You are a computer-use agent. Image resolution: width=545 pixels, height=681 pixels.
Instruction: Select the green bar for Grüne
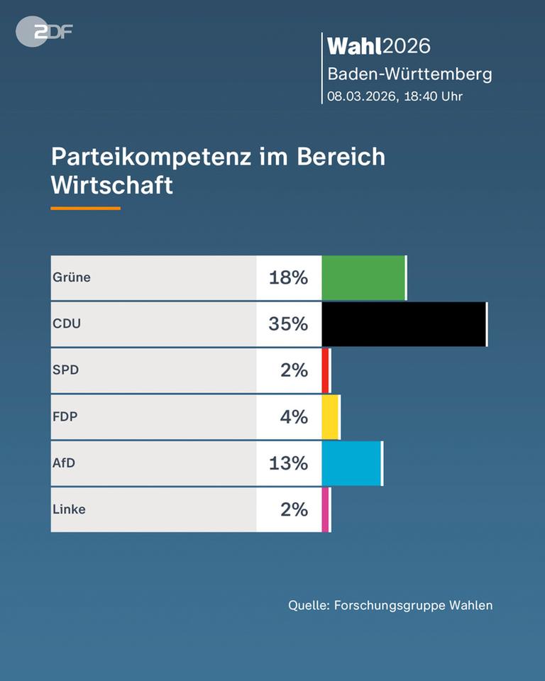tap(363, 277)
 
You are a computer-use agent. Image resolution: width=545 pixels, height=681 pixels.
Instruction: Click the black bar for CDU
tap(404, 324)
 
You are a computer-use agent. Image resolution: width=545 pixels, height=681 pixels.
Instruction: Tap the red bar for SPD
tap(326, 370)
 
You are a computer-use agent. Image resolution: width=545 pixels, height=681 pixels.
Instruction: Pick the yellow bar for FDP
tap(331, 416)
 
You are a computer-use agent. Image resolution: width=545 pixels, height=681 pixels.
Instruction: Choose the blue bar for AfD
tap(352, 463)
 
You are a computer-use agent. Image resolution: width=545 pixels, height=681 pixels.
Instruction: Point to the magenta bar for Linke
tap(326, 509)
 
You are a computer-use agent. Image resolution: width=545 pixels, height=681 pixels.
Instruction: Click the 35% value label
tap(288, 324)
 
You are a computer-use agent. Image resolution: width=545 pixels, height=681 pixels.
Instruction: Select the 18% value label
tap(288, 277)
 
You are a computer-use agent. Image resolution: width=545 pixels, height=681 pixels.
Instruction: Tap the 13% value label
tap(288, 463)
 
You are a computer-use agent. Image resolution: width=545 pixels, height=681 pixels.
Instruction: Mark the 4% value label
tap(294, 416)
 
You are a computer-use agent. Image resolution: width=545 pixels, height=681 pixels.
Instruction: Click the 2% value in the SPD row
tap(294, 370)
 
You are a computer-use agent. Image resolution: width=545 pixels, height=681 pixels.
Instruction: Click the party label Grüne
tap(72, 277)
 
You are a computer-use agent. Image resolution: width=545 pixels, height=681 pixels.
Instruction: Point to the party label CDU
tap(67, 324)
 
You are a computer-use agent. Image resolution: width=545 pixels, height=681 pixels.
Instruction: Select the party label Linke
tap(69, 509)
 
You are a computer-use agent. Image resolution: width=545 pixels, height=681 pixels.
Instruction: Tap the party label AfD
tap(64, 463)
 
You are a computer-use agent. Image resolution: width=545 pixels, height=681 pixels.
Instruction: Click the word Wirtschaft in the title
tap(111, 185)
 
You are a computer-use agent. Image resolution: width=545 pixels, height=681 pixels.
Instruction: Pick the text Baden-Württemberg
tap(409, 74)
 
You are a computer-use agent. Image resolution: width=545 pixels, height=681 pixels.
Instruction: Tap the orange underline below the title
tap(85, 209)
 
